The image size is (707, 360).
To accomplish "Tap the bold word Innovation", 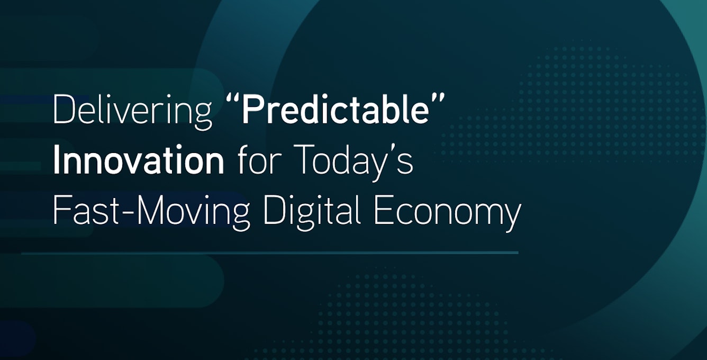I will tap(138, 161).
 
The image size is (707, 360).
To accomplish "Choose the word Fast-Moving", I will tap(151, 211).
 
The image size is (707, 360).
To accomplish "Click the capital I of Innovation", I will tap(56, 161).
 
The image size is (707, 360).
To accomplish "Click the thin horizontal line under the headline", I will tap(270, 253).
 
